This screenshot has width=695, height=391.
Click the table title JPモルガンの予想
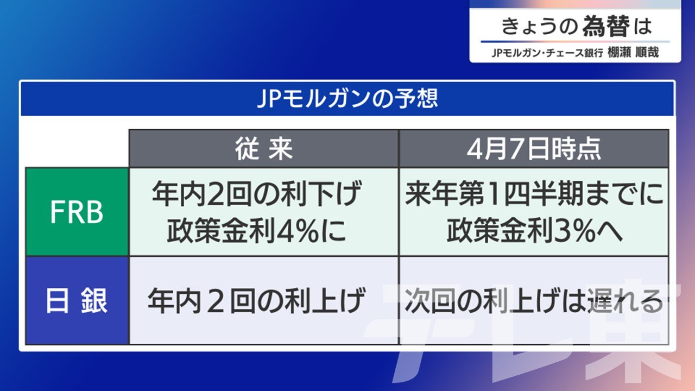coord(347,99)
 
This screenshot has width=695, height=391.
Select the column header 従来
coord(264,149)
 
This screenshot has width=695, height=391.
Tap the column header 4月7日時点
coord(534,149)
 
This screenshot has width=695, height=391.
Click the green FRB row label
coord(77,212)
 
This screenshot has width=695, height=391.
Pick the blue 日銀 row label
coord(77,300)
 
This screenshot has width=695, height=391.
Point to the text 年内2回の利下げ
coord(257,194)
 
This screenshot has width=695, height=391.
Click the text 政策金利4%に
coord(257,231)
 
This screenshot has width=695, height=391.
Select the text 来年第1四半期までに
coord(534,194)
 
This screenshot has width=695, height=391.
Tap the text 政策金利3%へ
coord(534,231)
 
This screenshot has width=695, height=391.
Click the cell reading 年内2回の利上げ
coord(256,300)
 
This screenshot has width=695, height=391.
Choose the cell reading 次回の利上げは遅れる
coord(534,300)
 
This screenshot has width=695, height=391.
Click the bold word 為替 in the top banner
coord(606,26)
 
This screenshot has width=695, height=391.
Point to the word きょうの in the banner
coord(539,27)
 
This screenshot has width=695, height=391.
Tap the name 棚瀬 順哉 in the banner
coord(633,52)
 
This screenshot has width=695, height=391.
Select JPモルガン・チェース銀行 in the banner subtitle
coord(547,53)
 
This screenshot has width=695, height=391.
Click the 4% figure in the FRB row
coord(298,231)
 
